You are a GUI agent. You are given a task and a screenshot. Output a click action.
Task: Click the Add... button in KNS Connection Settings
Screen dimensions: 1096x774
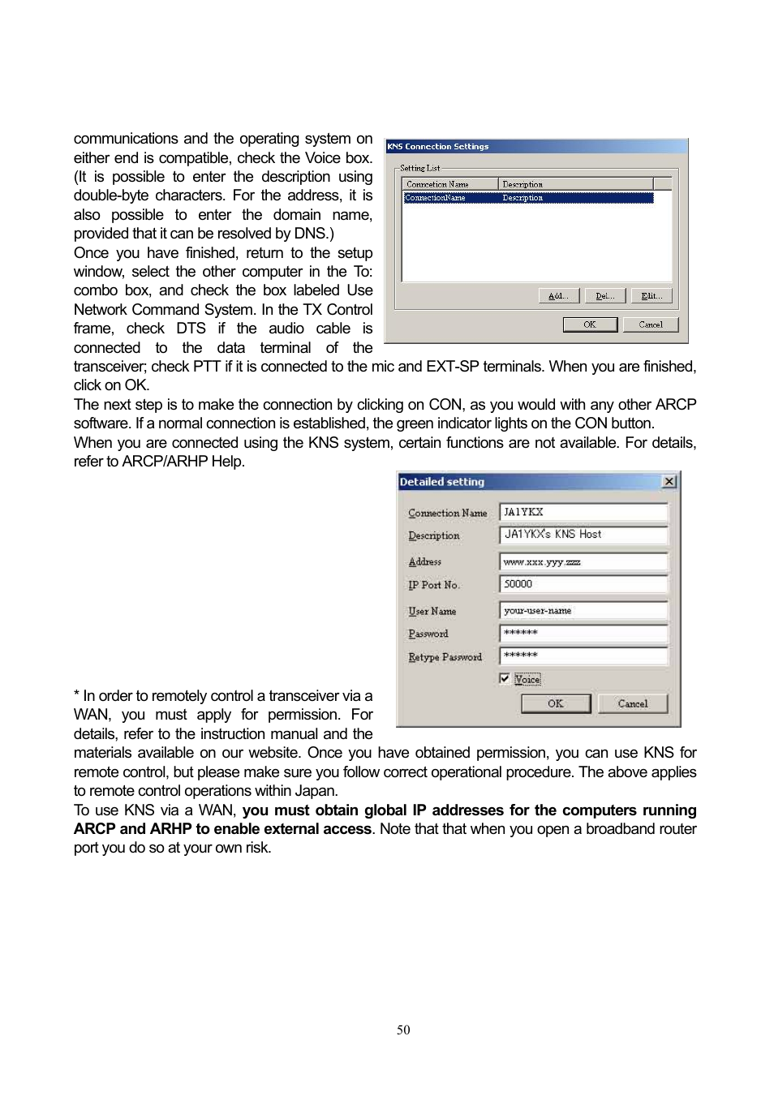point(558,296)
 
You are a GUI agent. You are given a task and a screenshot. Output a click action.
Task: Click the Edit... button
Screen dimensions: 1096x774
point(651,296)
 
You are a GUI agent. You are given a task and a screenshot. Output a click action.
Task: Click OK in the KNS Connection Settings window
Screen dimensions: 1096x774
point(590,325)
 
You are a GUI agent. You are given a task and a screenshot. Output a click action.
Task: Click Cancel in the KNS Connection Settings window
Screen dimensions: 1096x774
point(650,325)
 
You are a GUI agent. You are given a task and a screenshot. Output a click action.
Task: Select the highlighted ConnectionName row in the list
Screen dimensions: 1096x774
point(527,198)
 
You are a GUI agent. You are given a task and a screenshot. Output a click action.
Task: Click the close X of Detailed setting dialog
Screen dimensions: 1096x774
point(669,482)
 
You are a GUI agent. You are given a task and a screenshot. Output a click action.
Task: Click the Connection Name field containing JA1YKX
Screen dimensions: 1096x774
point(583,512)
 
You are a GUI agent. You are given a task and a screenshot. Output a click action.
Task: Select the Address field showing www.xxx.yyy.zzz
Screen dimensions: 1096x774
point(583,561)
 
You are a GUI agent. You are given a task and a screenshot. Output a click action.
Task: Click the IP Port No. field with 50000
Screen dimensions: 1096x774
point(583,584)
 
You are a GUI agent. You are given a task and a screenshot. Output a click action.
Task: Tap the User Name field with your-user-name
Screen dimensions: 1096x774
point(583,611)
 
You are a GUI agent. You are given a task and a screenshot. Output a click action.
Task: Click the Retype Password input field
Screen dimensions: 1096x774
point(583,655)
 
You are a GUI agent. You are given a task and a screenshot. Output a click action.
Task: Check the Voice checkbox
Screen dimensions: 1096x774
point(505,678)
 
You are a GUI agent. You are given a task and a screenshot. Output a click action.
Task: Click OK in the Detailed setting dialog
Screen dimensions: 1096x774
point(556,703)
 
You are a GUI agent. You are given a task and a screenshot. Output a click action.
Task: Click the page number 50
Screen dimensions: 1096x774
point(403,1029)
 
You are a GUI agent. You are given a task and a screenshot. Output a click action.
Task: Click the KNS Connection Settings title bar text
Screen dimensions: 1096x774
point(438,147)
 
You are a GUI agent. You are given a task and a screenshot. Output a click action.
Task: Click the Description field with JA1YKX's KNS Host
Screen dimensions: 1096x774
point(583,535)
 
